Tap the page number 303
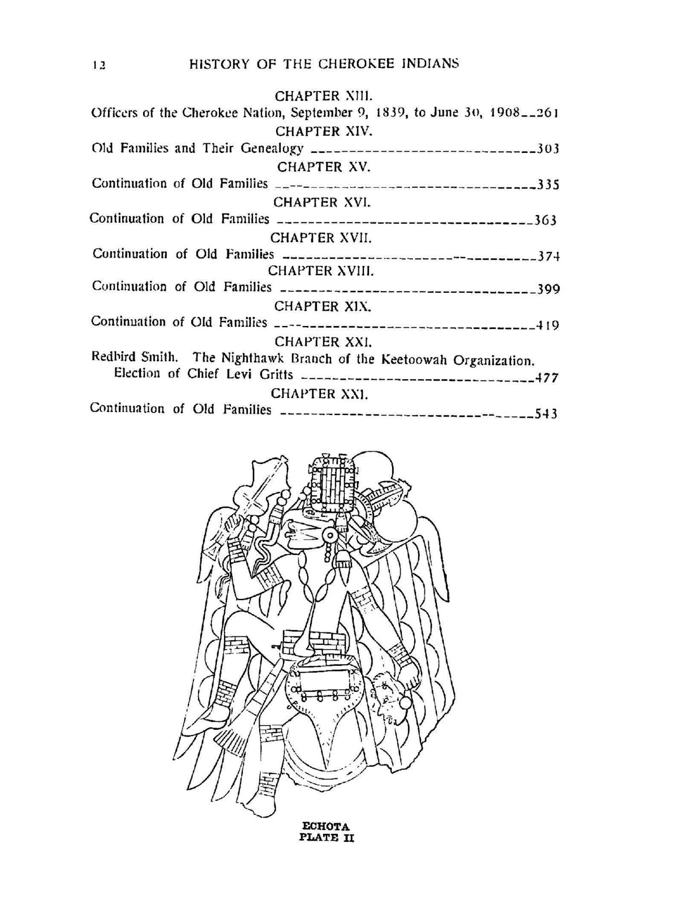pyautogui.click(x=548, y=149)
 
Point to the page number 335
pyautogui.click(x=548, y=185)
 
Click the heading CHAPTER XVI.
pyautogui.click(x=321, y=202)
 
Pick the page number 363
pyautogui.click(x=546, y=220)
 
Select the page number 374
pyautogui.click(x=548, y=256)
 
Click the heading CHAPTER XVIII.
pyautogui.click(x=321, y=271)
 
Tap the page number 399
pyautogui.click(x=548, y=290)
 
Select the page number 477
pyautogui.click(x=547, y=377)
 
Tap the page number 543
pyautogui.click(x=547, y=413)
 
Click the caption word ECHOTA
pyautogui.click(x=327, y=827)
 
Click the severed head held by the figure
pyautogui.click(x=390, y=697)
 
